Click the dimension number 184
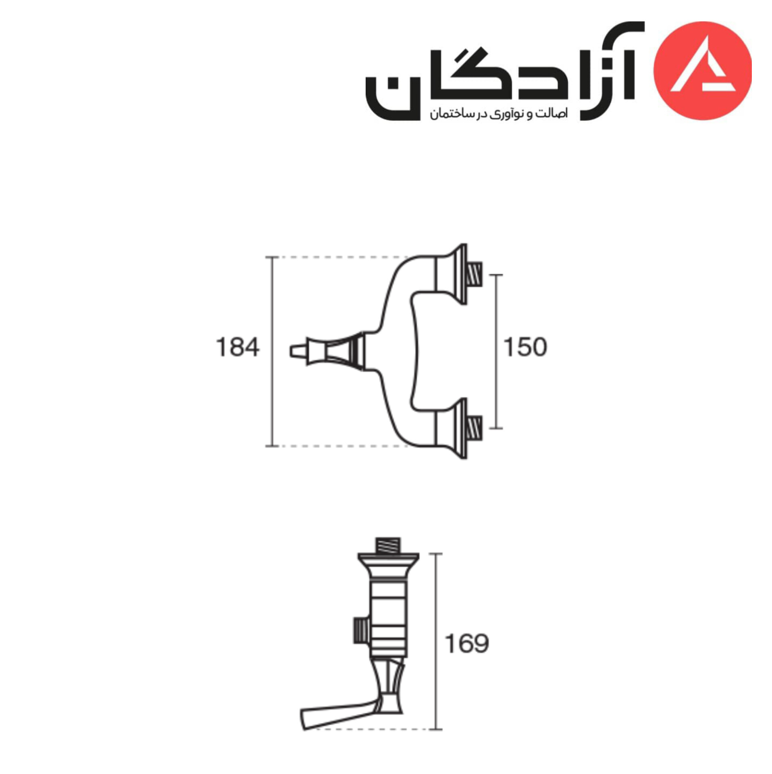click(x=237, y=347)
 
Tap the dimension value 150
click(x=525, y=347)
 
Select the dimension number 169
click(x=467, y=644)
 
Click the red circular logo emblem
click(x=702, y=71)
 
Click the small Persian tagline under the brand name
click(x=498, y=114)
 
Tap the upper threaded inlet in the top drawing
click(x=474, y=275)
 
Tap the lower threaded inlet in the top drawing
click(x=474, y=428)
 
